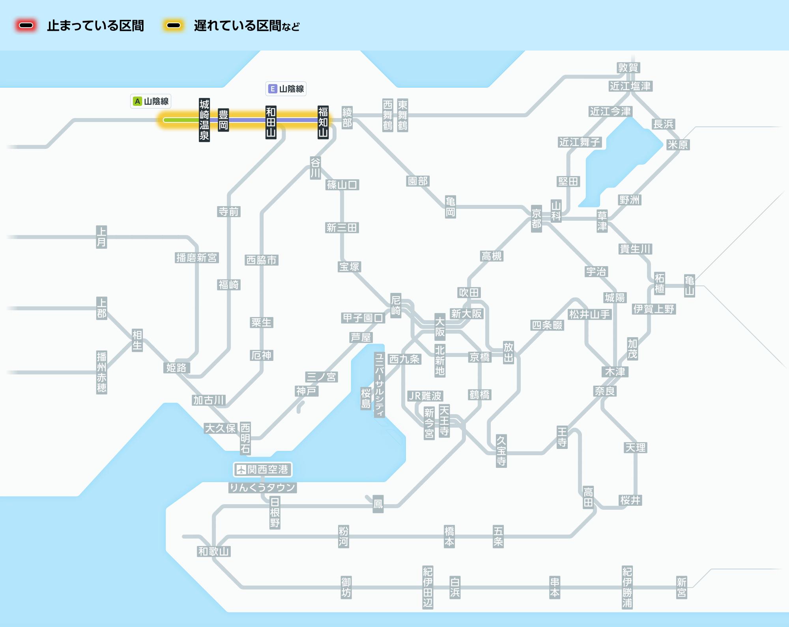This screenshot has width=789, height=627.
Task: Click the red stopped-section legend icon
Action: point(26,26)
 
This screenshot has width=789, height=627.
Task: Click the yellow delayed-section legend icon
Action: point(174,26)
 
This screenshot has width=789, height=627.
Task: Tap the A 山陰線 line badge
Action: point(151,101)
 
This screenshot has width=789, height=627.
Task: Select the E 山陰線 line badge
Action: point(286,89)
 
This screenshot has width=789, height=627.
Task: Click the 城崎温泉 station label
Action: point(204,120)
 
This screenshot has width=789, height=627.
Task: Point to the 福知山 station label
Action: point(323,122)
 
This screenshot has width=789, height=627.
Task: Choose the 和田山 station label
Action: point(271,122)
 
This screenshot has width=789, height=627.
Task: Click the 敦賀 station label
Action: point(628,68)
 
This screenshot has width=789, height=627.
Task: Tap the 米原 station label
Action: point(678,145)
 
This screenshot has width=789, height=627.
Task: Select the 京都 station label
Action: point(537,219)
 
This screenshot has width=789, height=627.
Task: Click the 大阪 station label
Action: point(440,327)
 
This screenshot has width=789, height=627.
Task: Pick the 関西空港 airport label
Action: point(263,469)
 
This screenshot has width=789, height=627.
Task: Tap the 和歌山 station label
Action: point(214,551)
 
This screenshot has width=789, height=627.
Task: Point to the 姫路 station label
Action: point(176,368)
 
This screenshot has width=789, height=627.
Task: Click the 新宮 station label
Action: point(682,588)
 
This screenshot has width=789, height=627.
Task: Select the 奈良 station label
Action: point(605,391)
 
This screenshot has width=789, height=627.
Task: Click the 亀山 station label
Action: point(690,286)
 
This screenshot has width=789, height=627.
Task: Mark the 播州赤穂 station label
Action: point(102,372)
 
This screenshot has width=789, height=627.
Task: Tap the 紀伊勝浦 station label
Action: point(627,588)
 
